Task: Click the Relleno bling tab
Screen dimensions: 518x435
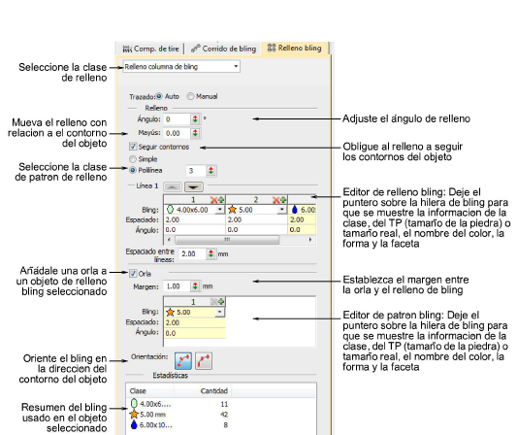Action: tap(294, 48)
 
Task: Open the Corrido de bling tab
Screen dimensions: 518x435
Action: tap(224, 49)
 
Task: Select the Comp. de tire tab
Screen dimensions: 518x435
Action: tap(150, 49)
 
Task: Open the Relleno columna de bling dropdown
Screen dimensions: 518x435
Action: tap(181, 66)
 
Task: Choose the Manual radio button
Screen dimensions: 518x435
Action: tap(190, 96)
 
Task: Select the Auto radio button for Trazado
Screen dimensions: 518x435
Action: tap(159, 96)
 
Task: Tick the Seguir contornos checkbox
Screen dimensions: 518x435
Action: tap(133, 147)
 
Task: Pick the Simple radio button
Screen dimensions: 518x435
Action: tap(133, 159)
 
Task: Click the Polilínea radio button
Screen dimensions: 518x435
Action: tap(133, 170)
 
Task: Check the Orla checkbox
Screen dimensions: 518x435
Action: tap(133, 274)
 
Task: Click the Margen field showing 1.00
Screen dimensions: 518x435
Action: tap(178, 286)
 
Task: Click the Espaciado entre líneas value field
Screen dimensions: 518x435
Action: tap(192, 253)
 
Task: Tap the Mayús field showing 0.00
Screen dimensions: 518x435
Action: tap(178, 133)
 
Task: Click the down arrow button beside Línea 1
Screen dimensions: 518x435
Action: tap(194, 186)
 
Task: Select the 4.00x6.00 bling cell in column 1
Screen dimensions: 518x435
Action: tap(194, 210)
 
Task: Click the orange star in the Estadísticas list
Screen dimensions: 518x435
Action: tap(134, 415)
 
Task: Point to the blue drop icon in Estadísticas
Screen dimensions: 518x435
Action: tap(134, 424)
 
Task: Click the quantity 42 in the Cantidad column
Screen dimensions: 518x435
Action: tap(224, 415)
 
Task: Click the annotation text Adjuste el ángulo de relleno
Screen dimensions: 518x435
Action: tap(406, 118)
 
